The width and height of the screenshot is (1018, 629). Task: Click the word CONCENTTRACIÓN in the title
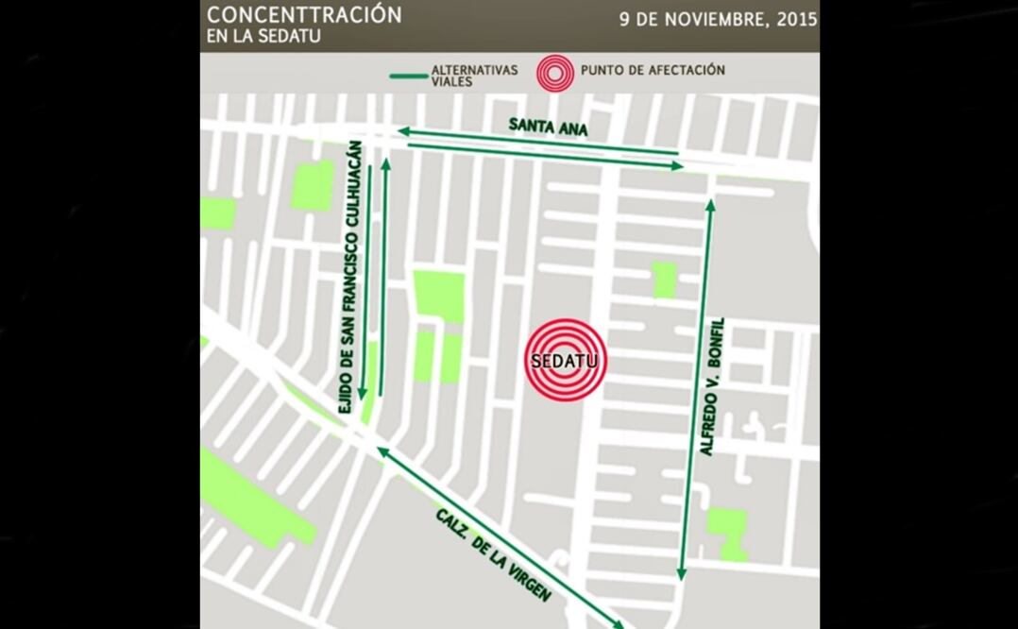coord(304,15)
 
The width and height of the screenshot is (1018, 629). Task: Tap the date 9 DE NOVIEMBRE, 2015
coord(718,20)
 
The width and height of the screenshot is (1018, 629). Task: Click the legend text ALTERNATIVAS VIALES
coord(474,76)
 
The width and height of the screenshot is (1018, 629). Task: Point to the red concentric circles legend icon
coord(554,74)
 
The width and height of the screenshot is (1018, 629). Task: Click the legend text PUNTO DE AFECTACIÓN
coord(653,70)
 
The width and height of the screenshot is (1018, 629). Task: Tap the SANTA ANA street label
coord(548,127)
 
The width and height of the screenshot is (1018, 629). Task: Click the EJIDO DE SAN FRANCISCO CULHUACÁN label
coord(348,277)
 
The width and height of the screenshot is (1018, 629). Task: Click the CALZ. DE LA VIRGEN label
coord(493,554)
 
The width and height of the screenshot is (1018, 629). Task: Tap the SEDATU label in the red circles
coord(565,361)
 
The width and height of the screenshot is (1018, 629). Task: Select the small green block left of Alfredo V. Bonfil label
coord(664,280)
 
